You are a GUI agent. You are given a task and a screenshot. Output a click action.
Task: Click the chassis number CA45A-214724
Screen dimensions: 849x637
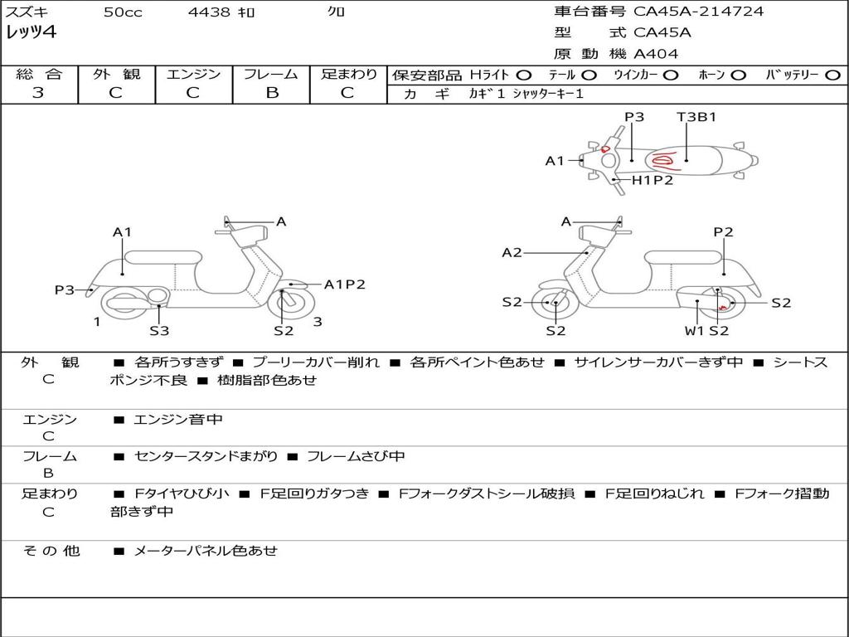tap(698, 12)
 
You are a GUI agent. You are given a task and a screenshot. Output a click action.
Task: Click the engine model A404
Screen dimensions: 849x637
tap(656, 54)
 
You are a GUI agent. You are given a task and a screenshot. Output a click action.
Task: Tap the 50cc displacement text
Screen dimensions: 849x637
tap(123, 12)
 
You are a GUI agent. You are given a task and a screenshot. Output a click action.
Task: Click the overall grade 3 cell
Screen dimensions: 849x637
tap(38, 93)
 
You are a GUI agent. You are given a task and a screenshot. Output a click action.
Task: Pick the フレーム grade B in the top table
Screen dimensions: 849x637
tap(271, 93)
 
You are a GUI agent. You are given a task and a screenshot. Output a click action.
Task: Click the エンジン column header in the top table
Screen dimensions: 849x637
tap(193, 74)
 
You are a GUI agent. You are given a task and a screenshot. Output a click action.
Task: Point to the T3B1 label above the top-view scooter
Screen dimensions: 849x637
tap(696, 117)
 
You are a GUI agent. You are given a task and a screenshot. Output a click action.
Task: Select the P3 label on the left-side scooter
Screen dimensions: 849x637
tap(65, 289)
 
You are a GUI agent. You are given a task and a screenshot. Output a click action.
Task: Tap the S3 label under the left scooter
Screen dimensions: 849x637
tap(159, 331)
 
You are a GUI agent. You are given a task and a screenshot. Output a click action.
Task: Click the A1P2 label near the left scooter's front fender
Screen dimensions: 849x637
tap(344, 284)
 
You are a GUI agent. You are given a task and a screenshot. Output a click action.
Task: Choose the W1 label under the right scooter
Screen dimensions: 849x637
tap(694, 331)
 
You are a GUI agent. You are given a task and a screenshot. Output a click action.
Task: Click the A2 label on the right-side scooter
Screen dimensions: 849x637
tap(512, 253)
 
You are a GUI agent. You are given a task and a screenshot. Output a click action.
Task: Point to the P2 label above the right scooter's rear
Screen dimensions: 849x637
tap(723, 232)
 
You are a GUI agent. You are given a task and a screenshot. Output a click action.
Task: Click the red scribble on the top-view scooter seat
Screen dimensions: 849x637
tap(664, 161)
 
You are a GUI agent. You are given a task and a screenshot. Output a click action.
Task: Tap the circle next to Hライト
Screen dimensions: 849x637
tap(524, 75)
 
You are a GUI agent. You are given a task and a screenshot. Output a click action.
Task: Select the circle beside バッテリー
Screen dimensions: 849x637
tap(833, 75)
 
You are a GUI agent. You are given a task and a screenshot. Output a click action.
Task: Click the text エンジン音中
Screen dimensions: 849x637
tap(178, 420)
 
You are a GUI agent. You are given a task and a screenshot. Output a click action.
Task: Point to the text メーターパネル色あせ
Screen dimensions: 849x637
tap(205, 550)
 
